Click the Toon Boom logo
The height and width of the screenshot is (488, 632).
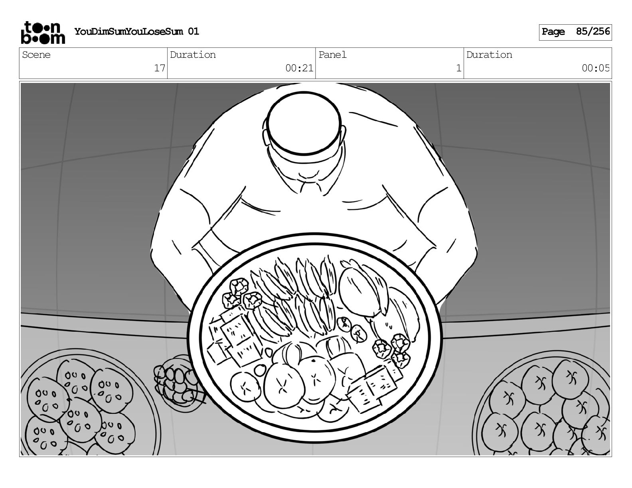pos(42,32)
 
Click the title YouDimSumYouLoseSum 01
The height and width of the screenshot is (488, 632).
pos(136,31)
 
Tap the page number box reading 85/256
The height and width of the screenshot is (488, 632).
pos(593,31)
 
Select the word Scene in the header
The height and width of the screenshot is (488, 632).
pos(36,55)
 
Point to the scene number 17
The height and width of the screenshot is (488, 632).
pos(160,68)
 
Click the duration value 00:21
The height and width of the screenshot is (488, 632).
pos(299,68)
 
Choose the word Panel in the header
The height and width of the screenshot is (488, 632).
pos(332,55)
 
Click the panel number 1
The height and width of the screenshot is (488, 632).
pos(458,68)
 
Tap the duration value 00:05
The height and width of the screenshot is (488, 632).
pos(596,68)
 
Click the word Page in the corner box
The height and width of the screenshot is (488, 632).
pos(553,31)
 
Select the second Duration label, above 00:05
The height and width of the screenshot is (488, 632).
pos(489,55)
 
